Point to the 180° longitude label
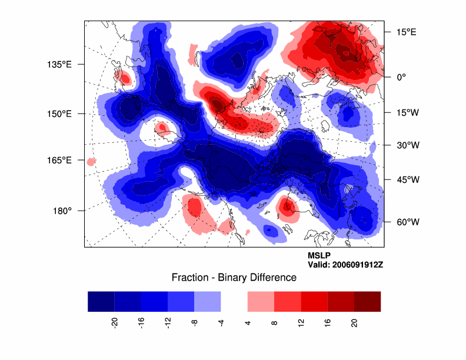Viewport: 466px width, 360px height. pos(62,211)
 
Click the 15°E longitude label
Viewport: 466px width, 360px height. pos(406,32)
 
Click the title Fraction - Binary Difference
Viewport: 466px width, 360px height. pos(234,278)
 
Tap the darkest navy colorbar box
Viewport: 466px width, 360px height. pos(101,301)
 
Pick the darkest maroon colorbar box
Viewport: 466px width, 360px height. pos(367,301)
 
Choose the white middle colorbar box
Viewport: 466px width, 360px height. pos(234,301)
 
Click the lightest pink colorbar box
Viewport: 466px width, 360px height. pos(261,301)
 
